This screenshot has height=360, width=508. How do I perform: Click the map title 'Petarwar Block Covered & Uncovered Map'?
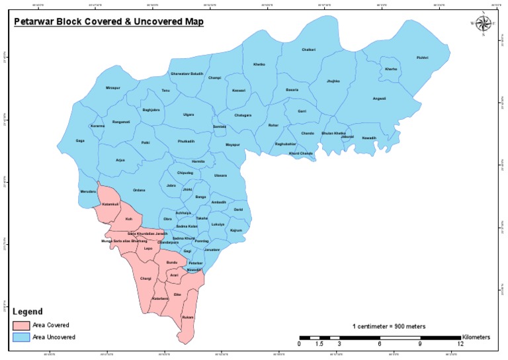coord(109,22)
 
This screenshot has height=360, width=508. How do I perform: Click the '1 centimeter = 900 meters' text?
coord(388,326)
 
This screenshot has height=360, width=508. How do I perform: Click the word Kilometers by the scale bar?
coord(476,337)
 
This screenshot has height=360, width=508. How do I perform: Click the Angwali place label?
coord(379,99)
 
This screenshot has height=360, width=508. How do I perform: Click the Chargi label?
coord(146,279)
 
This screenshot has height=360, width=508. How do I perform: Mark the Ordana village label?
coord(138,190)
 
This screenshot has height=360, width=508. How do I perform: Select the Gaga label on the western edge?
coord(80,140)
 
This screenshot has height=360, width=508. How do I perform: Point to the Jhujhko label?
coord(333,81)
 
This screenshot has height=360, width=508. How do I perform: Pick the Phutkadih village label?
coord(187,141)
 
